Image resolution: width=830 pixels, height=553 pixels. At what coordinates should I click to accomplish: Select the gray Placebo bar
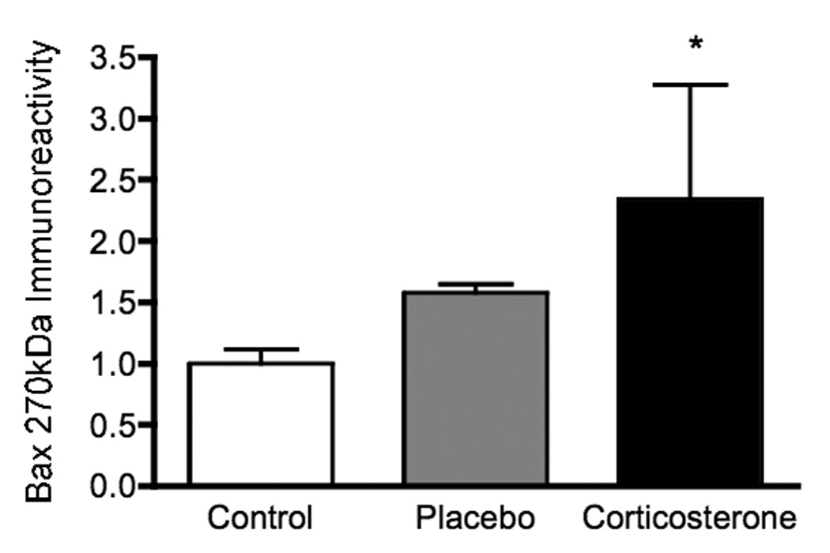tap(475, 387)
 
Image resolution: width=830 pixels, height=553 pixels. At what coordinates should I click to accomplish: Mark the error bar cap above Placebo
tap(475, 284)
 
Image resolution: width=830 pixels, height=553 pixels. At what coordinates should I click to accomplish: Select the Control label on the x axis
tap(261, 519)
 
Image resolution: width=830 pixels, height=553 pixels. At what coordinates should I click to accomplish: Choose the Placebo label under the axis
tap(475, 519)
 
